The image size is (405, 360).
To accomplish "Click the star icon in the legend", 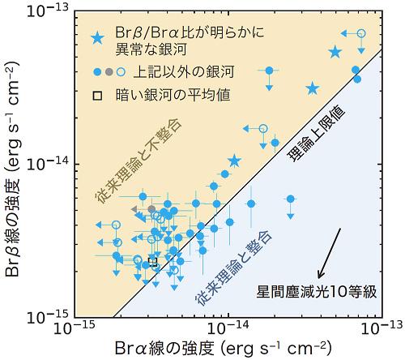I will tap(98, 38).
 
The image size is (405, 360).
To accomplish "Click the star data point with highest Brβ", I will tap(335, 52).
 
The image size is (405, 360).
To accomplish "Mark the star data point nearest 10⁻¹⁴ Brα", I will tap(234, 161).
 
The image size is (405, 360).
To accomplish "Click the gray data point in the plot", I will tap(151, 209).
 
